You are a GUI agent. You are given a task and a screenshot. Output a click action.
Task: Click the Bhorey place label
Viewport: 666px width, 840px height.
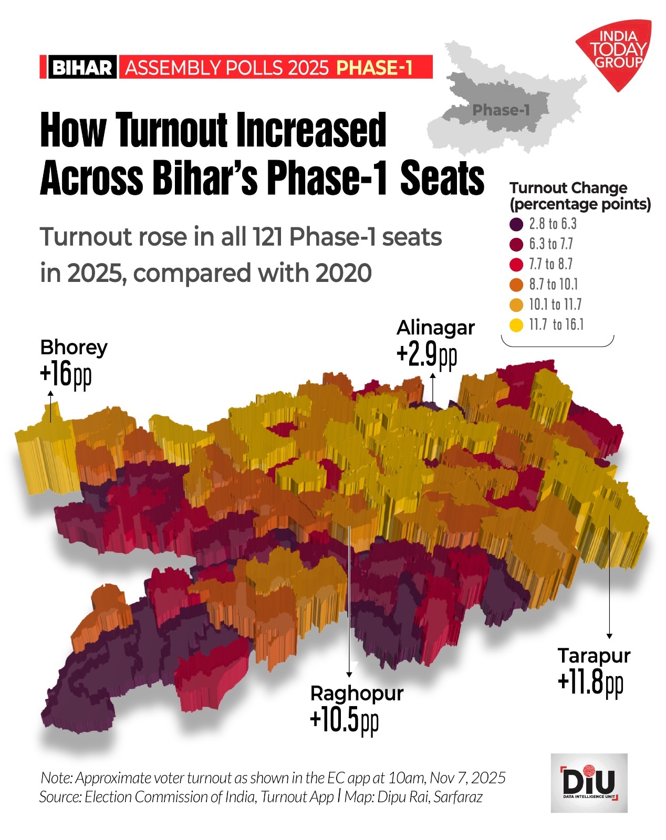pyautogui.click(x=74, y=348)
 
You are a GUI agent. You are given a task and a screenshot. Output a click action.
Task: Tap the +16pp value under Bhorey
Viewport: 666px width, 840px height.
pyautogui.click(x=66, y=374)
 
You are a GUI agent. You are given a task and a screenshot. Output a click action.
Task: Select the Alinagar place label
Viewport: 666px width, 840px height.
pyautogui.click(x=435, y=328)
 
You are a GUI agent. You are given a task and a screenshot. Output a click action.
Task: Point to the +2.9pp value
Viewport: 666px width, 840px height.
pyautogui.click(x=426, y=355)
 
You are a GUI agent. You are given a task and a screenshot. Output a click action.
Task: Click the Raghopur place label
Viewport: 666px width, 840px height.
pyautogui.click(x=357, y=694)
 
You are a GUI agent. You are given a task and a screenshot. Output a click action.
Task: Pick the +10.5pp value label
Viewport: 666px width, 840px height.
pyautogui.click(x=344, y=720)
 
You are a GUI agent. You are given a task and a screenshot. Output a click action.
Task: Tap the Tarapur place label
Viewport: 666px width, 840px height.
pyautogui.click(x=594, y=656)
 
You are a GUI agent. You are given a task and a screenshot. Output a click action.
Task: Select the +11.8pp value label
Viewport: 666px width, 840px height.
pyautogui.click(x=590, y=682)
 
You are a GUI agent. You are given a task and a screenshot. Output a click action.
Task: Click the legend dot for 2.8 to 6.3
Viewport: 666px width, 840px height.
pyautogui.click(x=516, y=224)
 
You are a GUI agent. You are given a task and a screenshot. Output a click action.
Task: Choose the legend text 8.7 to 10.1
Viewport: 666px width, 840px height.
pyautogui.click(x=553, y=285)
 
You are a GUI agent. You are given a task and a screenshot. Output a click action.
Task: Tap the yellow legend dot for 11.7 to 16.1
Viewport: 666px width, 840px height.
pyautogui.click(x=516, y=325)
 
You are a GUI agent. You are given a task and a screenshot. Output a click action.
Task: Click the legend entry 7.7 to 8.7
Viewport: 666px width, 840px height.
pyautogui.click(x=550, y=264)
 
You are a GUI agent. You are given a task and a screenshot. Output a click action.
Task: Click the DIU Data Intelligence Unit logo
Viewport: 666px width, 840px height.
pyautogui.click(x=589, y=783)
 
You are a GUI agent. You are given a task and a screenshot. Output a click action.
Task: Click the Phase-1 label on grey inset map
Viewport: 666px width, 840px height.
pyautogui.click(x=501, y=110)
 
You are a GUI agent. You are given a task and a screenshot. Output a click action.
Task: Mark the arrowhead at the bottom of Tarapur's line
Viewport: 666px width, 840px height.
pyautogui.click(x=609, y=636)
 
